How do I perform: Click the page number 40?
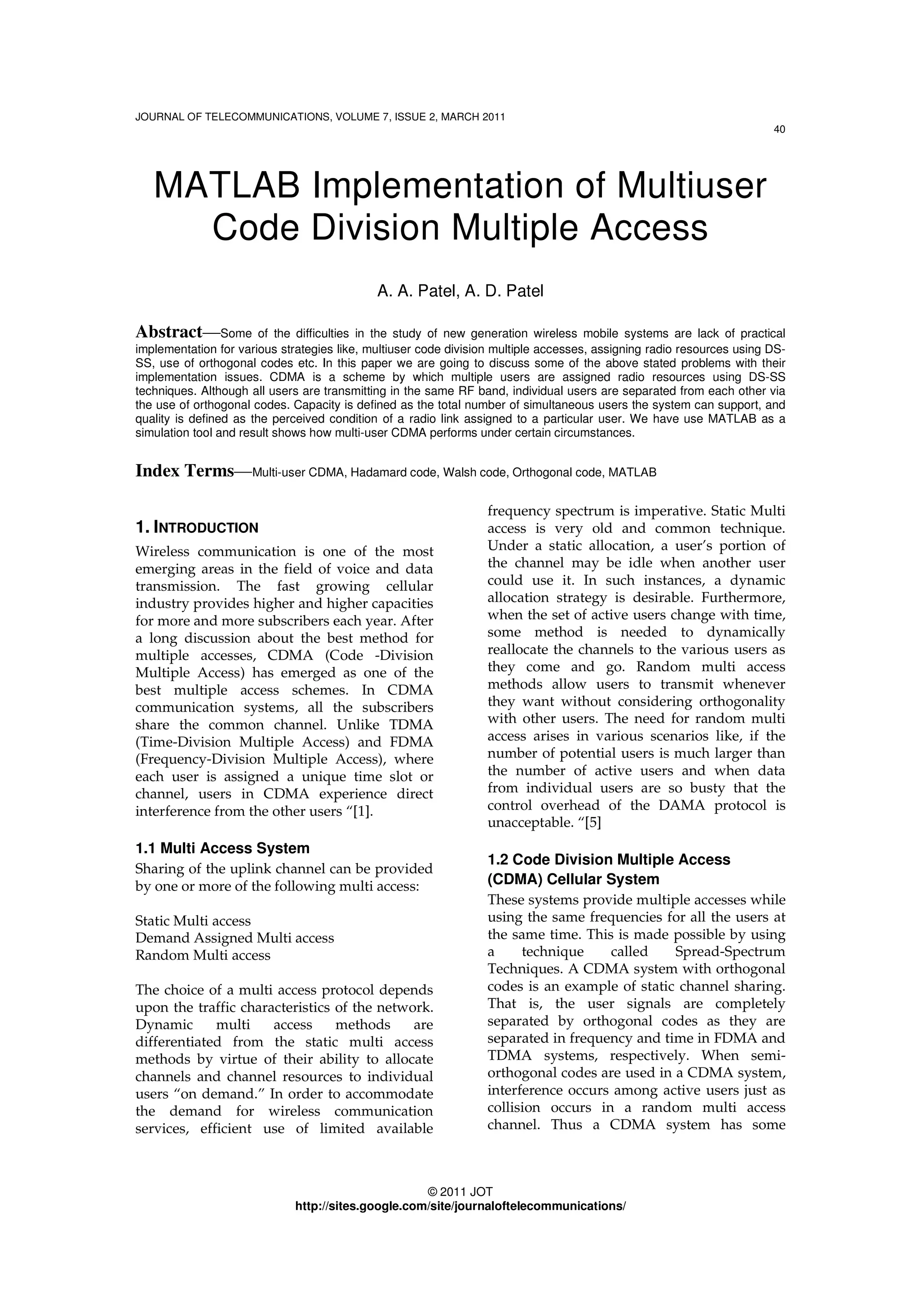(x=779, y=130)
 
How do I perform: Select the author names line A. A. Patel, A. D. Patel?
(x=460, y=291)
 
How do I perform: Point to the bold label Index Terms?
(x=184, y=471)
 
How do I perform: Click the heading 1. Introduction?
(x=197, y=528)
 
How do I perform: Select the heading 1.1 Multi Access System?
(x=222, y=848)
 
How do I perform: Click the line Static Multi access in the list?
(x=193, y=921)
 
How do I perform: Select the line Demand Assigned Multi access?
(x=234, y=938)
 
